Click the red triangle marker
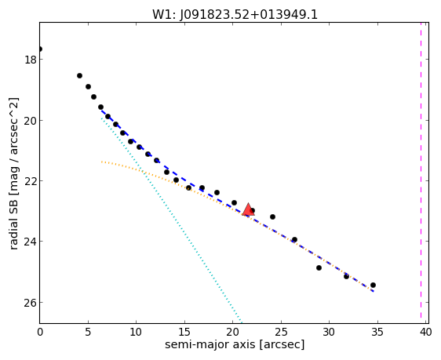(248, 209)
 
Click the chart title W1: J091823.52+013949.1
(235, 14)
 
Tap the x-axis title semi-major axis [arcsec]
(235, 344)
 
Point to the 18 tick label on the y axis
(30, 60)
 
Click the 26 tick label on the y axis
(30, 303)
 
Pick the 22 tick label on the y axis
(30, 181)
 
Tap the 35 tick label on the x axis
(377, 333)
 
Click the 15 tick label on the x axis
(184, 333)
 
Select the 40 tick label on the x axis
(425, 333)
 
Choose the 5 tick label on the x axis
(88, 333)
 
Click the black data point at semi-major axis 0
(40, 49)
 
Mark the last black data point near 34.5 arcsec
(373, 285)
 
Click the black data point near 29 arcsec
(319, 267)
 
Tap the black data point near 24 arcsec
(272, 217)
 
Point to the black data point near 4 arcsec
(79, 75)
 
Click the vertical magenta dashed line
(421, 170)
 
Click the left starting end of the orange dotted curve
(101, 162)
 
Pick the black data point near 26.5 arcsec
(294, 240)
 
